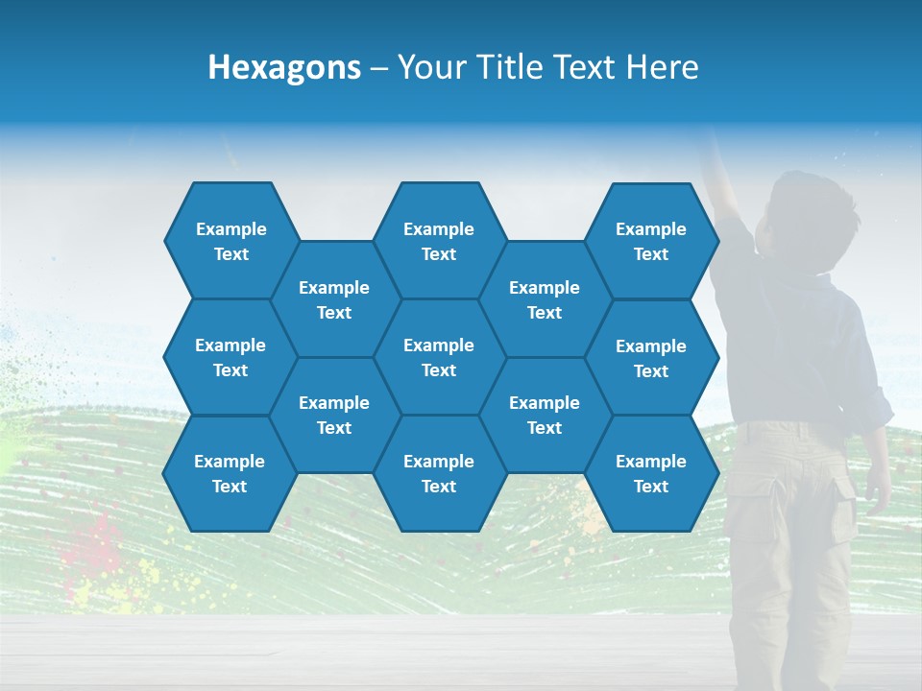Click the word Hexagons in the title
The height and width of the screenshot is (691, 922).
click(x=284, y=67)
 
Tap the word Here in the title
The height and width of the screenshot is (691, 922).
click(x=662, y=67)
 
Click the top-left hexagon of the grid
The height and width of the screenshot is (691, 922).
click(x=230, y=241)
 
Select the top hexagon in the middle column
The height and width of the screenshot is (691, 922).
click(x=439, y=241)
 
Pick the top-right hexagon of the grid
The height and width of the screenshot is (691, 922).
click(x=651, y=241)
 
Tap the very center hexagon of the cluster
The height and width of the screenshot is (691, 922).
click(x=439, y=357)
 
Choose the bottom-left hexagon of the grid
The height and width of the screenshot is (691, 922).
click(x=230, y=473)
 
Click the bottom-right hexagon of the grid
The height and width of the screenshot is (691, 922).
click(x=651, y=473)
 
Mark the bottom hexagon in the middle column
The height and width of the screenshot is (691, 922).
click(x=439, y=473)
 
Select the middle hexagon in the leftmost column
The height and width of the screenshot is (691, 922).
click(x=230, y=357)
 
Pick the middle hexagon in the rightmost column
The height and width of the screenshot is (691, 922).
click(x=651, y=358)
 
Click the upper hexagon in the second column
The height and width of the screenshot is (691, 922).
click(x=334, y=299)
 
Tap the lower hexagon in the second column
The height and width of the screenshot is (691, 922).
click(x=334, y=415)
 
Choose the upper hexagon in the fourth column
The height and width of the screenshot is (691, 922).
click(x=545, y=299)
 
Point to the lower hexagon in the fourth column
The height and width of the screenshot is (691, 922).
click(x=545, y=415)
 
